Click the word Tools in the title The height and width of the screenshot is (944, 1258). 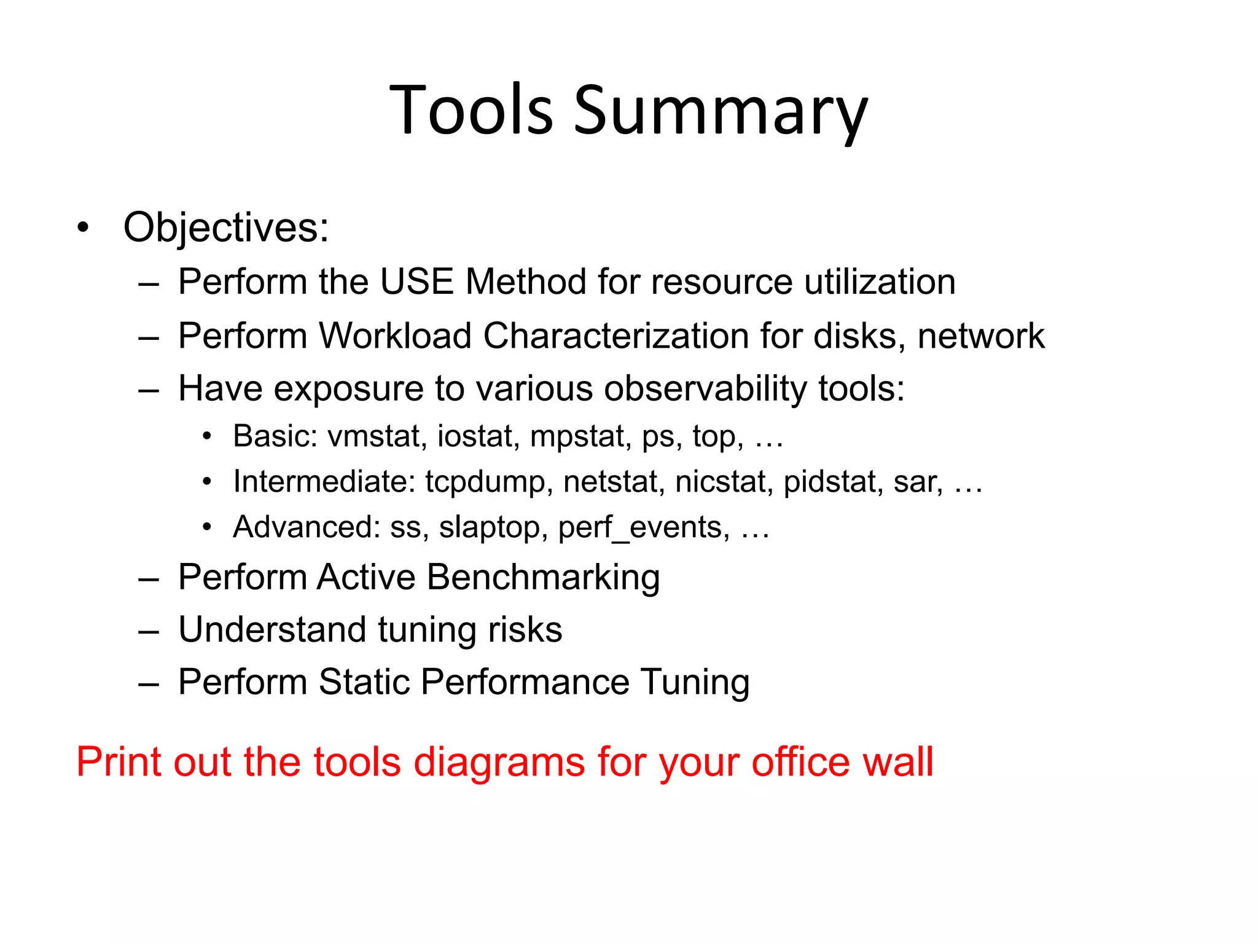tap(471, 111)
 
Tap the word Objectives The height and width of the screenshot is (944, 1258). tap(225, 227)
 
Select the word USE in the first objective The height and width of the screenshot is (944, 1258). tap(416, 281)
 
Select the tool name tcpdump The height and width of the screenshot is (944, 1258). tap(485, 481)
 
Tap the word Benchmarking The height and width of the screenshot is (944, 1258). tap(543, 577)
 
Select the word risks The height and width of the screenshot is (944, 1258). tap(525, 630)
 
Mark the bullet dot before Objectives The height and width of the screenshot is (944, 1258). tap(83, 228)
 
